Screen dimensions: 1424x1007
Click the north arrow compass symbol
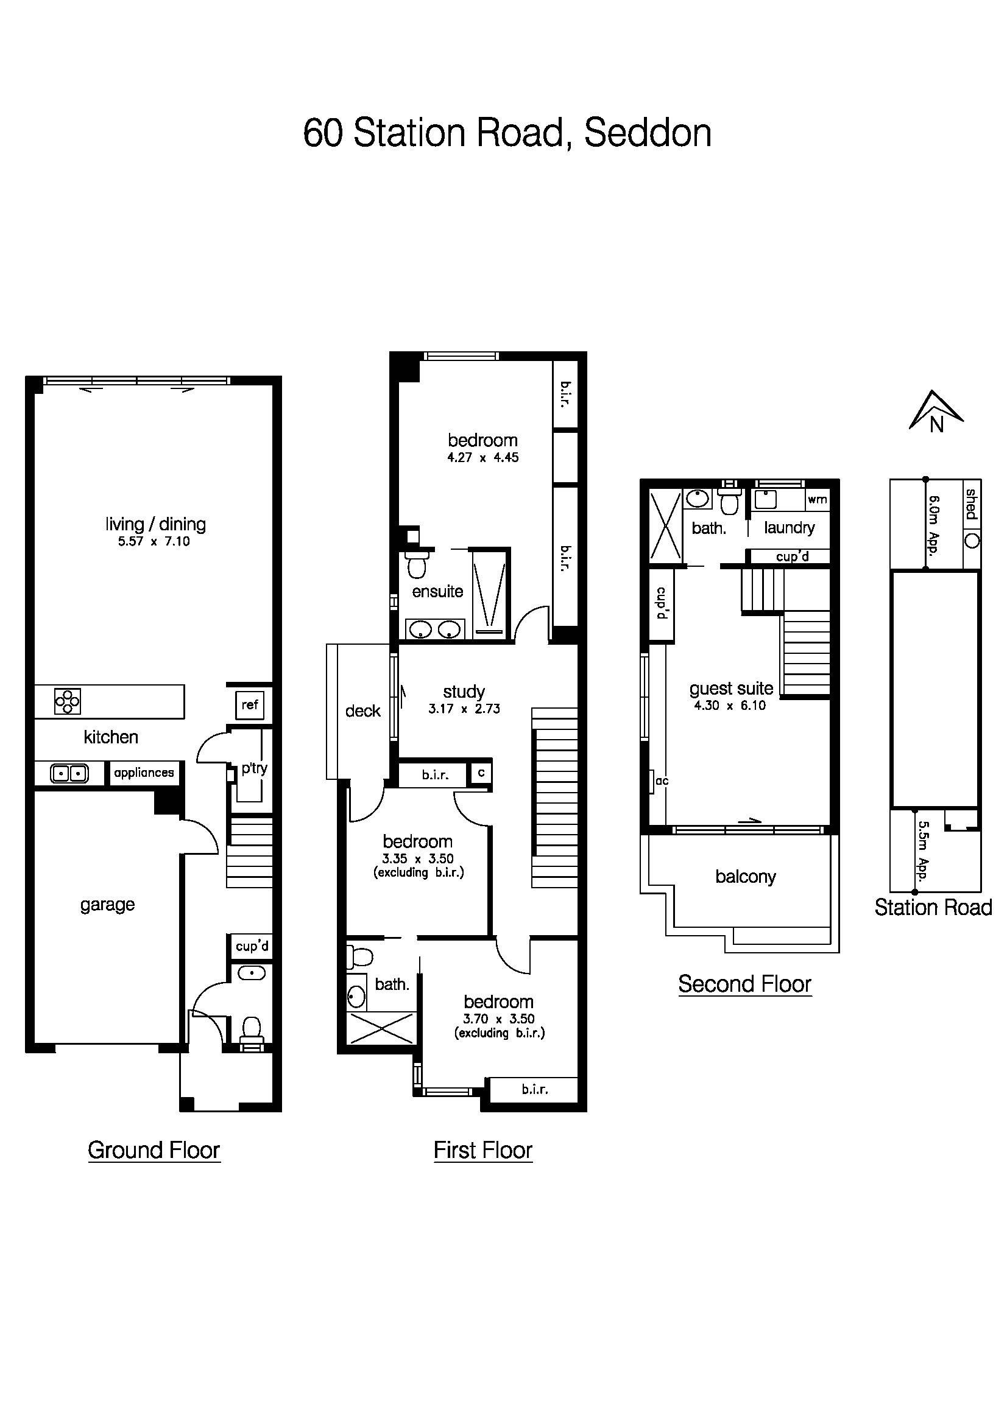coord(936,412)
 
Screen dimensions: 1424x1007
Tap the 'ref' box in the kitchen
coord(249,704)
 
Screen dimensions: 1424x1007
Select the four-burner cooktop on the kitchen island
coord(67,702)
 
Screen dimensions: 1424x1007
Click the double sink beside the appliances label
coord(69,773)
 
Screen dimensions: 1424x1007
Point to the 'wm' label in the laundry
coord(816,500)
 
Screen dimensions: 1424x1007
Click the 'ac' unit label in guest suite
coord(662,781)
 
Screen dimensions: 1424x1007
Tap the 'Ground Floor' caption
coord(154,1151)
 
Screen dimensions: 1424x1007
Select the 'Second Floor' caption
coord(744,984)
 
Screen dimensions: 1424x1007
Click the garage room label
coord(107,905)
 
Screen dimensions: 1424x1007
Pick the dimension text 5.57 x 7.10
coord(154,541)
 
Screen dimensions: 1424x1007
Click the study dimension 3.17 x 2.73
coord(464,709)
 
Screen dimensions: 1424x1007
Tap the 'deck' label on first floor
coord(362,710)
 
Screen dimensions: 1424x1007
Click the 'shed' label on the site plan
coord(971,504)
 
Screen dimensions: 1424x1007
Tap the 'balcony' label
coord(745,877)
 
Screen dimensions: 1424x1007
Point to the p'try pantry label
coord(255,768)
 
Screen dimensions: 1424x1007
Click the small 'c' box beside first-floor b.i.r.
coord(481,773)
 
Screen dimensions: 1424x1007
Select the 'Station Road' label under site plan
coord(933,908)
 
